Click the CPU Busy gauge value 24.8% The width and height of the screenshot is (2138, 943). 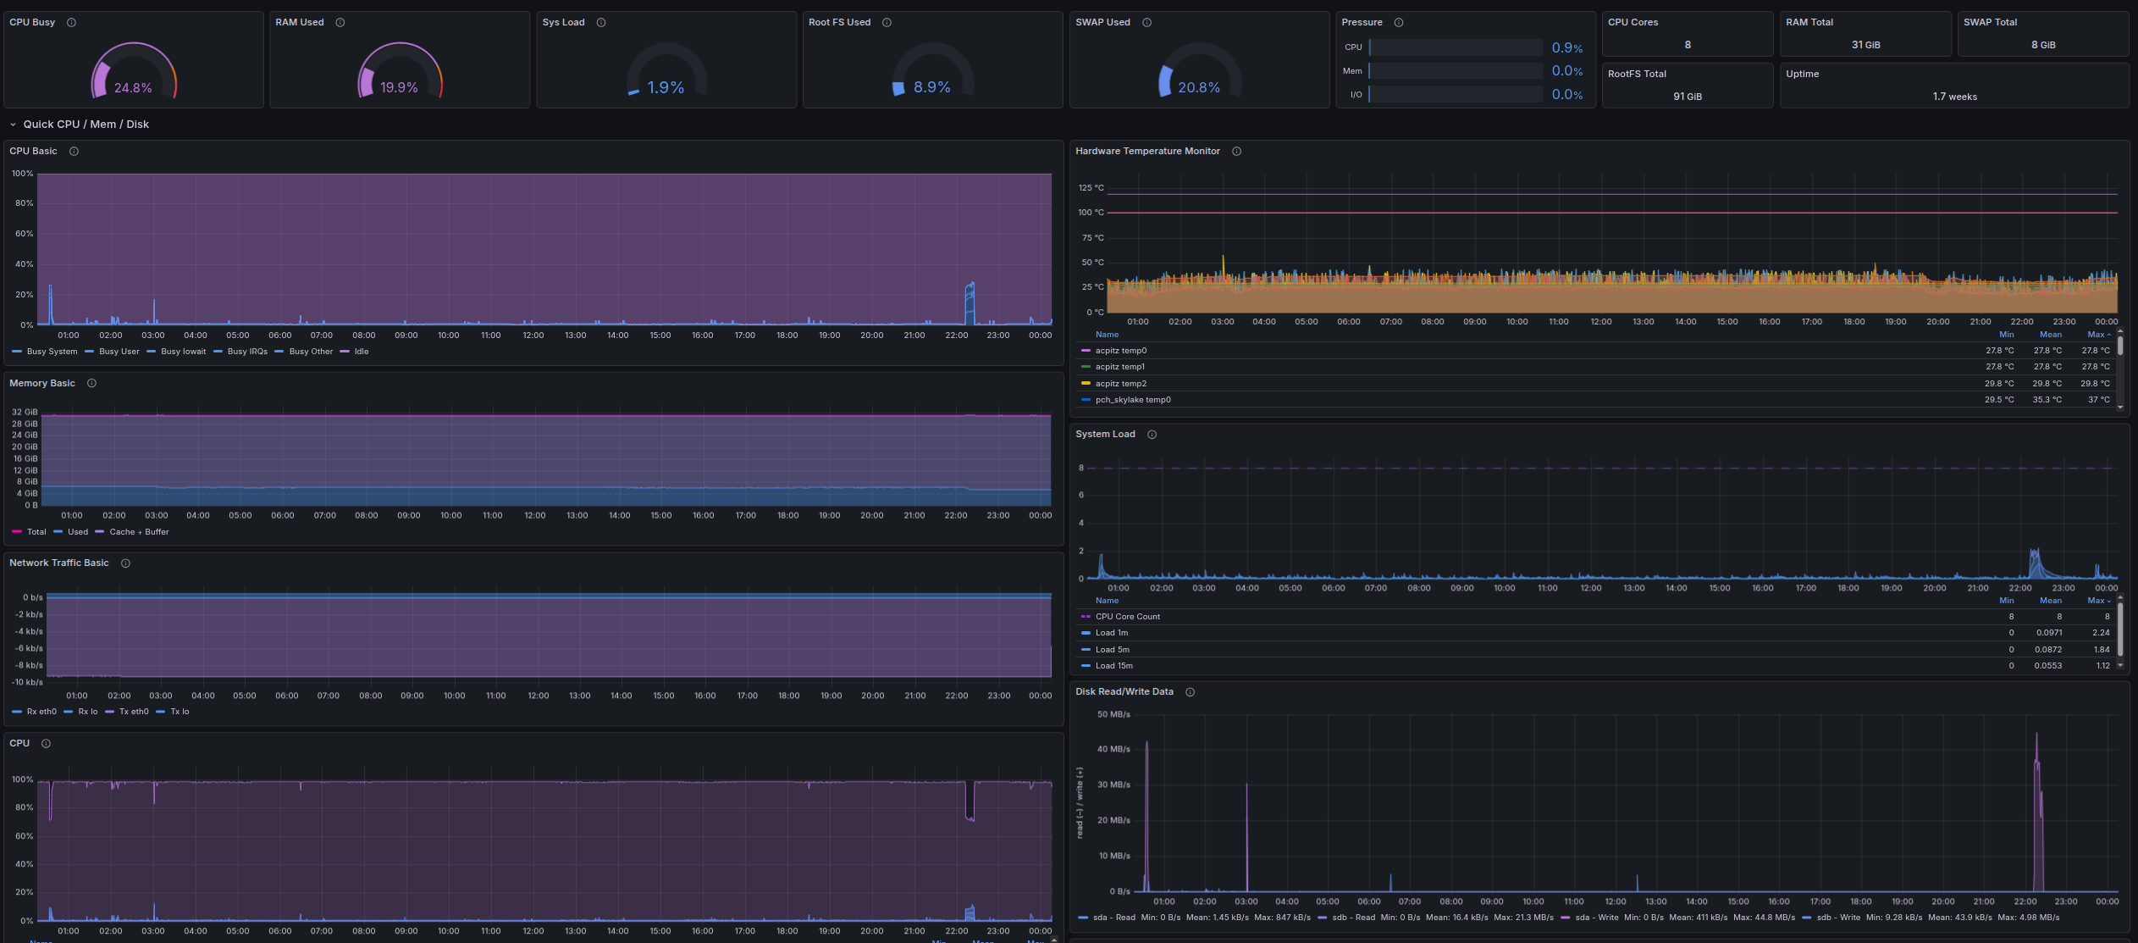click(x=133, y=88)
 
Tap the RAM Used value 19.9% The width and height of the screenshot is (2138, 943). click(x=399, y=88)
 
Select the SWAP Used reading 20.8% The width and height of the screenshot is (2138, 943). click(x=1198, y=88)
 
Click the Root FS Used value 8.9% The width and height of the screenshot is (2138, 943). click(x=931, y=87)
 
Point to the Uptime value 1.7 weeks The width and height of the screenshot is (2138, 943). click(x=1954, y=97)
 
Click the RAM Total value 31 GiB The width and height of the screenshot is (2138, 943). click(x=1865, y=45)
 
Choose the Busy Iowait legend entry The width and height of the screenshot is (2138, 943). click(x=183, y=352)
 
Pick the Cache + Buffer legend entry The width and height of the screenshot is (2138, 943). click(x=139, y=532)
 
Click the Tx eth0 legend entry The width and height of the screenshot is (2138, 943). click(x=133, y=712)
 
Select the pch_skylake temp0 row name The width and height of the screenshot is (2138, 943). click(x=1132, y=400)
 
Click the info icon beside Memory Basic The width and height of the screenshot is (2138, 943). click(x=91, y=384)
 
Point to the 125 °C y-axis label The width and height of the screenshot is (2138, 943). click(x=1091, y=188)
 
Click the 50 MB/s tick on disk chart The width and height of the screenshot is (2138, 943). click(x=1113, y=715)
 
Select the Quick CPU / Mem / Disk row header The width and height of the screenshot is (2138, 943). click(x=86, y=125)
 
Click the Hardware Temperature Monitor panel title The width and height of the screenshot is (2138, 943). click(x=1146, y=152)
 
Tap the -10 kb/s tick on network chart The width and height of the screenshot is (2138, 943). click(x=27, y=682)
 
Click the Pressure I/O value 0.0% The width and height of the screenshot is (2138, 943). click(x=1566, y=95)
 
